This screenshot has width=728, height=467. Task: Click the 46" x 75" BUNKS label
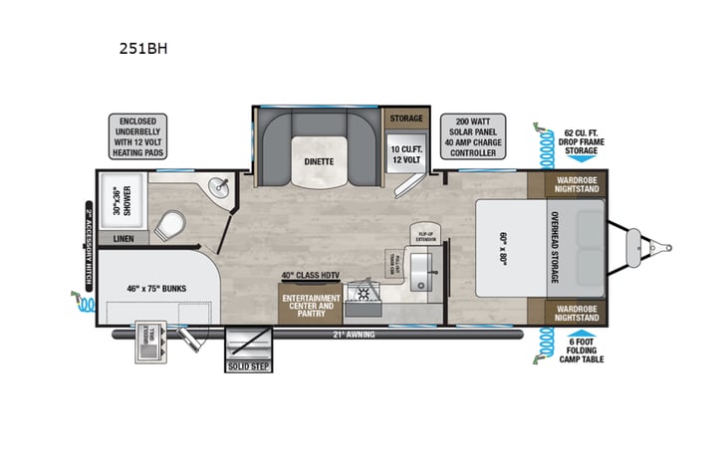click(158, 288)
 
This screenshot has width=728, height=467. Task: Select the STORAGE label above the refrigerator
click(405, 118)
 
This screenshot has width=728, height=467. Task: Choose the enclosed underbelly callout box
click(136, 137)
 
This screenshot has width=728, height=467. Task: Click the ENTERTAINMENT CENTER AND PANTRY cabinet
click(311, 305)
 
